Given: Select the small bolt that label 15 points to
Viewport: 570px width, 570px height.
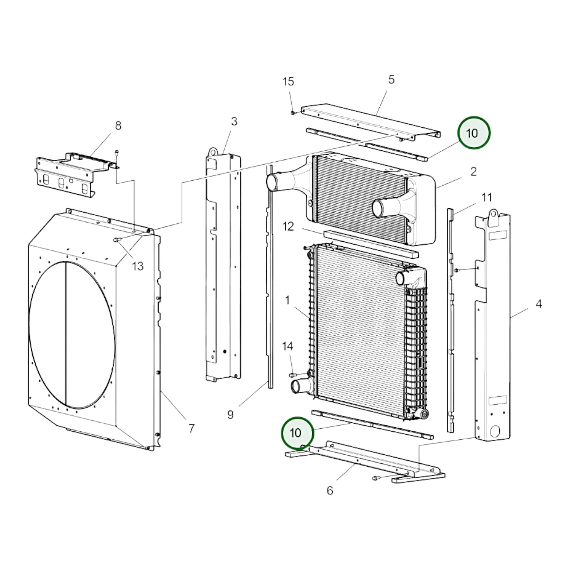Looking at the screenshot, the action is [x=293, y=112].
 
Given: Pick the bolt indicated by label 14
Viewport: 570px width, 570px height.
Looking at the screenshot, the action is [x=292, y=375].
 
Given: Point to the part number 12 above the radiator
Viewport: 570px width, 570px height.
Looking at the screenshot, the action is [x=288, y=227].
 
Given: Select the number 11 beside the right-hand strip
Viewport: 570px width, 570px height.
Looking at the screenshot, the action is [x=487, y=197].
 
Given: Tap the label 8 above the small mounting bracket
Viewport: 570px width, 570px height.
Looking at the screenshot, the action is [x=118, y=126].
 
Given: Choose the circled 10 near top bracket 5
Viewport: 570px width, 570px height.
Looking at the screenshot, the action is [x=474, y=133].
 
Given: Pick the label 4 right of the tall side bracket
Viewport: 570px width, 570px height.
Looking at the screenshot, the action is [x=539, y=304].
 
